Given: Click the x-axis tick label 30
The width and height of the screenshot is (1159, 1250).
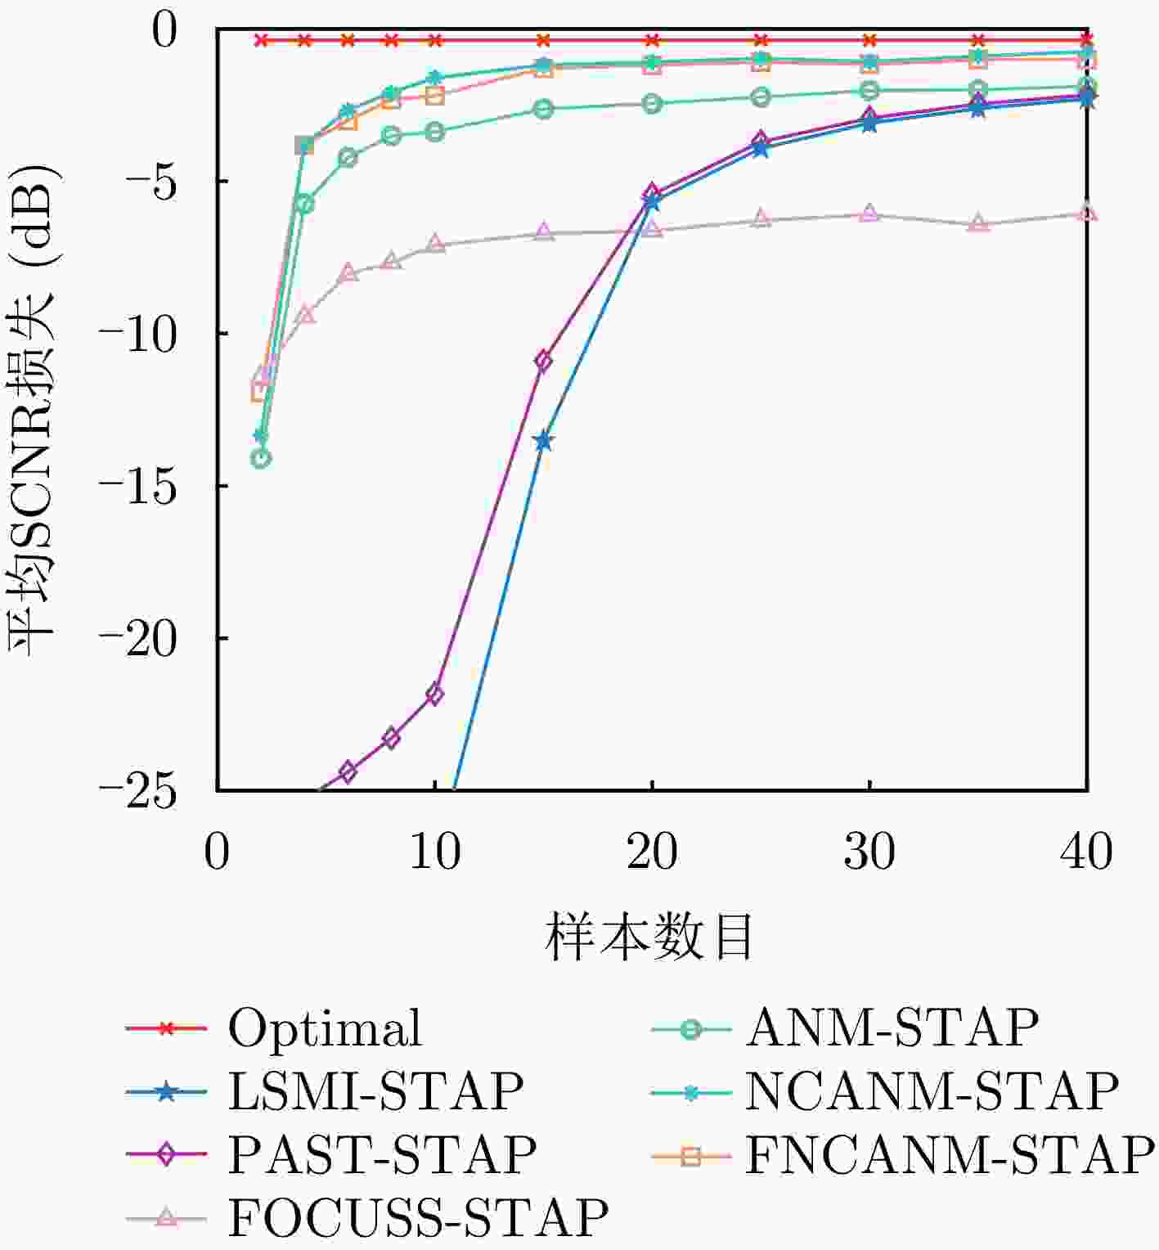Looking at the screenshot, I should (869, 852).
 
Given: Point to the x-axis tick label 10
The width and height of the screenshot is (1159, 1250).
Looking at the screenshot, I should (434, 852).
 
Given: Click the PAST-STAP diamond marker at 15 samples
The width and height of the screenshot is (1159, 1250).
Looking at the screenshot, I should (543, 361).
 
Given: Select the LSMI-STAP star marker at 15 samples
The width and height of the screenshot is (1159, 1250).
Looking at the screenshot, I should (543, 442).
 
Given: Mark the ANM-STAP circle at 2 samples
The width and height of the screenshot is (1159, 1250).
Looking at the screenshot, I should (261, 459).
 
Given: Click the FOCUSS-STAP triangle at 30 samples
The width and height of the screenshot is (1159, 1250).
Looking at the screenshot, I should (869, 214).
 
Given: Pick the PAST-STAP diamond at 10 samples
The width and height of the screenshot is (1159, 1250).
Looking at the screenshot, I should (434, 695).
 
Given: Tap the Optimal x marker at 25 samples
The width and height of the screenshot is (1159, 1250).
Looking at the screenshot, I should (761, 40).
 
